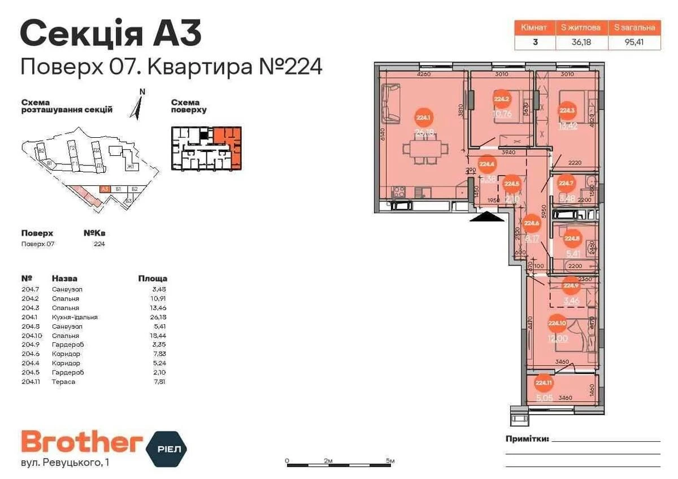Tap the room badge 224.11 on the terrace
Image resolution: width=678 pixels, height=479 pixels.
543,383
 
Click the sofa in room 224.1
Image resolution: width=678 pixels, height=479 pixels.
390,103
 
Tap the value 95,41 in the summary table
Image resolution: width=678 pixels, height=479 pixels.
634,42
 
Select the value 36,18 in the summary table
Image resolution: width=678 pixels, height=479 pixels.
581,42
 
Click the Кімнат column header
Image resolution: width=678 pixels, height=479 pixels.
534,27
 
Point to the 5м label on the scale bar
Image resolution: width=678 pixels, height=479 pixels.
390,460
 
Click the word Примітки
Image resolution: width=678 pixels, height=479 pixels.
527,439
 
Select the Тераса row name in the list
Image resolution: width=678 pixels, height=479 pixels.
63,382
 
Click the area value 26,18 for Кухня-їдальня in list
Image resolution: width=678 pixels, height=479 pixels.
157,317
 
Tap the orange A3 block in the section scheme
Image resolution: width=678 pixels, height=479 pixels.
104,190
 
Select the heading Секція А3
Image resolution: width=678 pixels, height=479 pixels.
111,34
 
